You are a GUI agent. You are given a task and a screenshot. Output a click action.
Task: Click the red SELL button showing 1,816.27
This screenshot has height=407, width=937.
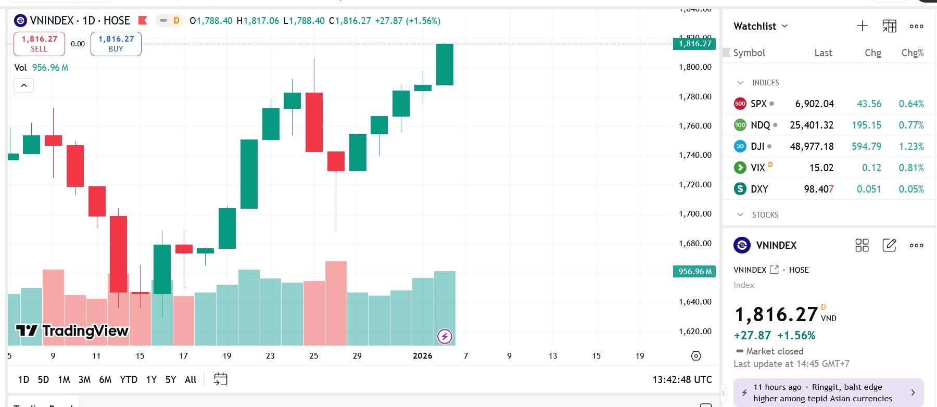click(x=39, y=44)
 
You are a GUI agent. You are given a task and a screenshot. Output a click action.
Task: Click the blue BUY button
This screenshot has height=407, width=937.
click(x=116, y=44)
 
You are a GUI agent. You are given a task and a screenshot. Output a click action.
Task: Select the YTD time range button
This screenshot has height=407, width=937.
click(x=129, y=379)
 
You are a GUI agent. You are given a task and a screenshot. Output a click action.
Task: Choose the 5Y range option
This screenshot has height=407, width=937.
click(x=171, y=379)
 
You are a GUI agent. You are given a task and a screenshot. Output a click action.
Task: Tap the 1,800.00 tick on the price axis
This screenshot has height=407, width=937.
click(x=695, y=67)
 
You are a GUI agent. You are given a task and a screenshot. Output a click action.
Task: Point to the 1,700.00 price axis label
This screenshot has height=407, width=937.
click(x=695, y=213)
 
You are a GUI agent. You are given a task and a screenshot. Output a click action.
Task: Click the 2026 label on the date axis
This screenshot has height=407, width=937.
click(x=422, y=356)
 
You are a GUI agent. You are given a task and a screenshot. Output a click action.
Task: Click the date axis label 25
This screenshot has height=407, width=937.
click(x=313, y=356)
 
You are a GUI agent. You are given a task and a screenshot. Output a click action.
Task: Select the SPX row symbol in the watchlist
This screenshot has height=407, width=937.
click(x=758, y=104)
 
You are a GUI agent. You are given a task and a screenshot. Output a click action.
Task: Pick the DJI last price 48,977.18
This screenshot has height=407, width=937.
click(x=812, y=146)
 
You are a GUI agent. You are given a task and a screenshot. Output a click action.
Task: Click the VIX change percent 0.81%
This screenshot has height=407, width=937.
click(x=911, y=168)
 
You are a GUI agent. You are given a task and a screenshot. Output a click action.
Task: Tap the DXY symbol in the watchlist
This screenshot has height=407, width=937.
click(x=759, y=189)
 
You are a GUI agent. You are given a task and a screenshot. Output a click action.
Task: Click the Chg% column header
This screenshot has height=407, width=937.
click(x=912, y=53)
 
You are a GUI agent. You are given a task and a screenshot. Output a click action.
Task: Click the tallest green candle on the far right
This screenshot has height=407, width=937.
click(x=445, y=65)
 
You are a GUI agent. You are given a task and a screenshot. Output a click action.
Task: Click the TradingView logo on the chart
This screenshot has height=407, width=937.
click(x=72, y=330)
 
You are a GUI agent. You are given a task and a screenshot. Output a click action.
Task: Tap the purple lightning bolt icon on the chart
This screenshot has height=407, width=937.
click(x=445, y=336)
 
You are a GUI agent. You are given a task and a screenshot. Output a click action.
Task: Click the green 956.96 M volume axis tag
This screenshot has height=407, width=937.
click(x=694, y=271)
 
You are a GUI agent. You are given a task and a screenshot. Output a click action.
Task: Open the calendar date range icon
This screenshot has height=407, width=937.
click(x=221, y=379)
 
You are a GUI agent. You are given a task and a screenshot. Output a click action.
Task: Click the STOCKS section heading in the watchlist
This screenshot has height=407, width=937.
click(x=765, y=214)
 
